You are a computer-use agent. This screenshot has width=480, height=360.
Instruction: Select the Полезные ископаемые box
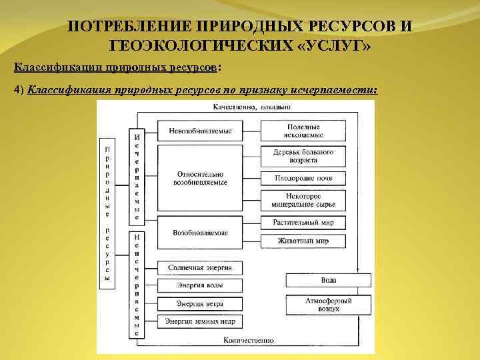[303, 131]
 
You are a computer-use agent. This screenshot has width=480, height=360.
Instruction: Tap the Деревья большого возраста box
[303, 156]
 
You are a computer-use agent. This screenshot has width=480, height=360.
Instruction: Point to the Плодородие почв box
[303, 179]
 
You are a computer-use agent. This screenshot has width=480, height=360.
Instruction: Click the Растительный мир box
[303, 223]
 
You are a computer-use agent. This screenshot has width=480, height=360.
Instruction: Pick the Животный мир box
[303, 241]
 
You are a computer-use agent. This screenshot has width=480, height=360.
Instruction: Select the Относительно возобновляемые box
[200, 177]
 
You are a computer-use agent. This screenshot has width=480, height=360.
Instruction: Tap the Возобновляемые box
[200, 233]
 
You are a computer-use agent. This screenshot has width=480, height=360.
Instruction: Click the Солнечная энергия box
[200, 267]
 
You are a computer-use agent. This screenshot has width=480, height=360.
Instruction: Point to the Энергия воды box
[200, 285]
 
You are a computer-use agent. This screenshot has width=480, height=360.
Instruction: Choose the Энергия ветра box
[200, 303]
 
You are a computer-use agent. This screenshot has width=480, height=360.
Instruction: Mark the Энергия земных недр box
[200, 321]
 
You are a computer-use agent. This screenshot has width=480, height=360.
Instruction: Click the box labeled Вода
[328, 280]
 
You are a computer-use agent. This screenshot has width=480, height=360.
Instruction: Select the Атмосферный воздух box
[328, 305]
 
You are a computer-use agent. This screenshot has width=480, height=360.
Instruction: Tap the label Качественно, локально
[243, 107]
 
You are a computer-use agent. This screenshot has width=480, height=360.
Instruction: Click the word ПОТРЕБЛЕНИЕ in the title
[127, 27]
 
